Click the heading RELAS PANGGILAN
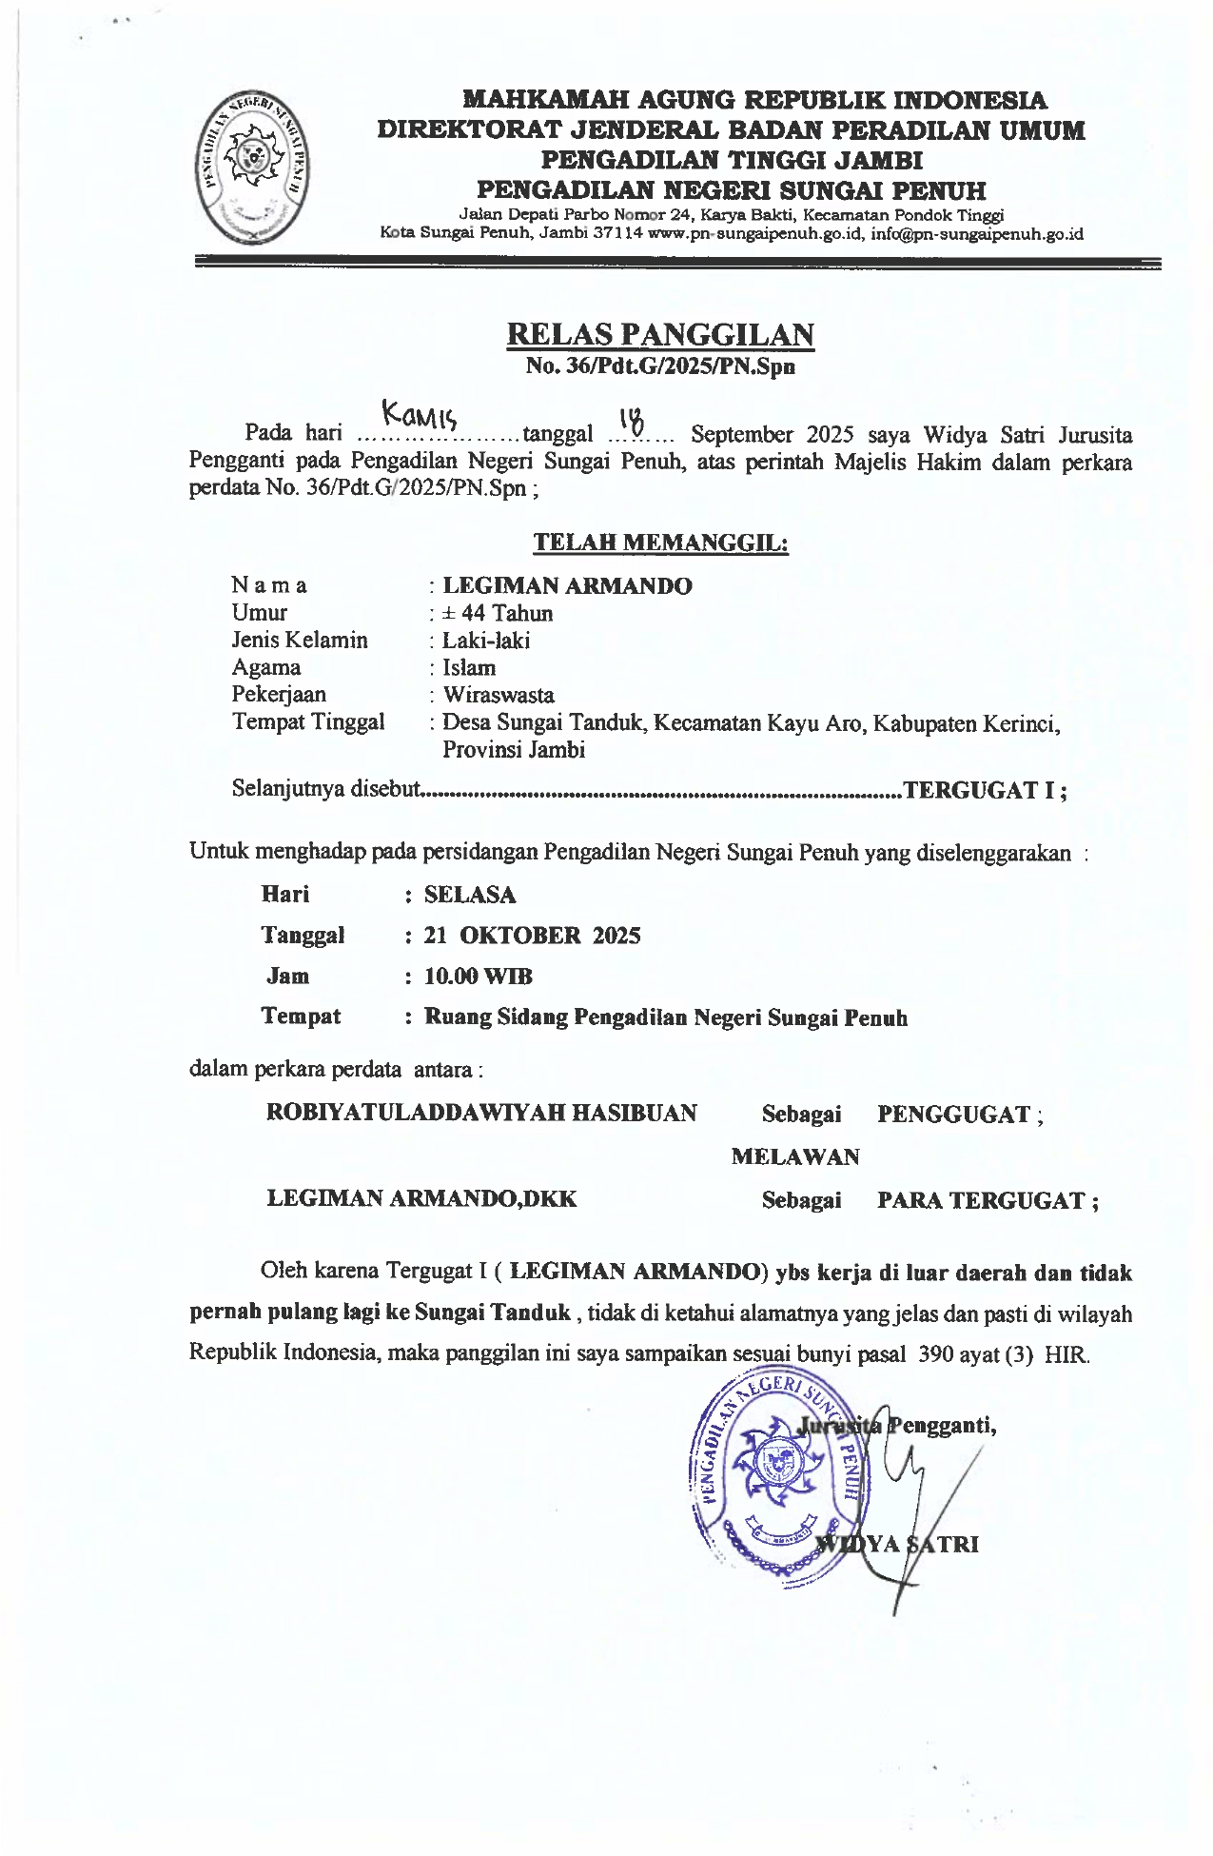[x=659, y=334]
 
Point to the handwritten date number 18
[x=631, y=419]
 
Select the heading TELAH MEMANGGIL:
[x=659, y=543]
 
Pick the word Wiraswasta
[x=498, y=695]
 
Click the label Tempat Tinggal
[x=308, y=721]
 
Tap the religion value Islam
[x=469, y=667]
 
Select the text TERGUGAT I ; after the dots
[x=985, y=790]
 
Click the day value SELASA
[x=470, y=895]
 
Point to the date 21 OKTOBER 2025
[x=532, y=936]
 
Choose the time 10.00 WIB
[x=478, y=977]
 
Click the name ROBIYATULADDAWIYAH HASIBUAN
[x=481, y=1113]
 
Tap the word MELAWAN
[x=795, y=1157]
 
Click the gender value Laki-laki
[x=486, y=641]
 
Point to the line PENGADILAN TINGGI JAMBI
[x=732, y=159]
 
